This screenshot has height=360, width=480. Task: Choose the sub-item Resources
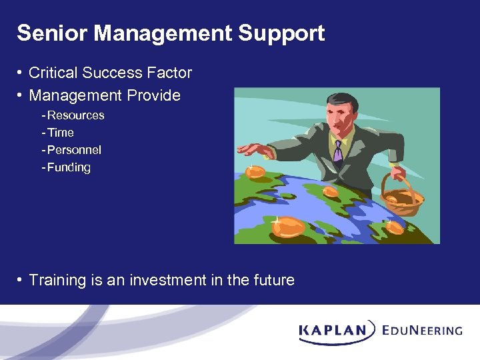tap(75, 115)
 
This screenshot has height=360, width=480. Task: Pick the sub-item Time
tap(60, 133)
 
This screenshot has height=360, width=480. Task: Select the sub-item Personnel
tap(74, 150)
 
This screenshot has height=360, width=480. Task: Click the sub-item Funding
tap(69, 167)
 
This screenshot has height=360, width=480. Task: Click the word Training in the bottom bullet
tap(57, 280)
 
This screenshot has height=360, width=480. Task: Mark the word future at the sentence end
tap(273, 280)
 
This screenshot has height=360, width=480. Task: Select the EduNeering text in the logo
tap(422, 330)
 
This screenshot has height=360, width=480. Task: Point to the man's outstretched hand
tap(254, 149)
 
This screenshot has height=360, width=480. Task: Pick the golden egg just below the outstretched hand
tap(255, 172)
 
